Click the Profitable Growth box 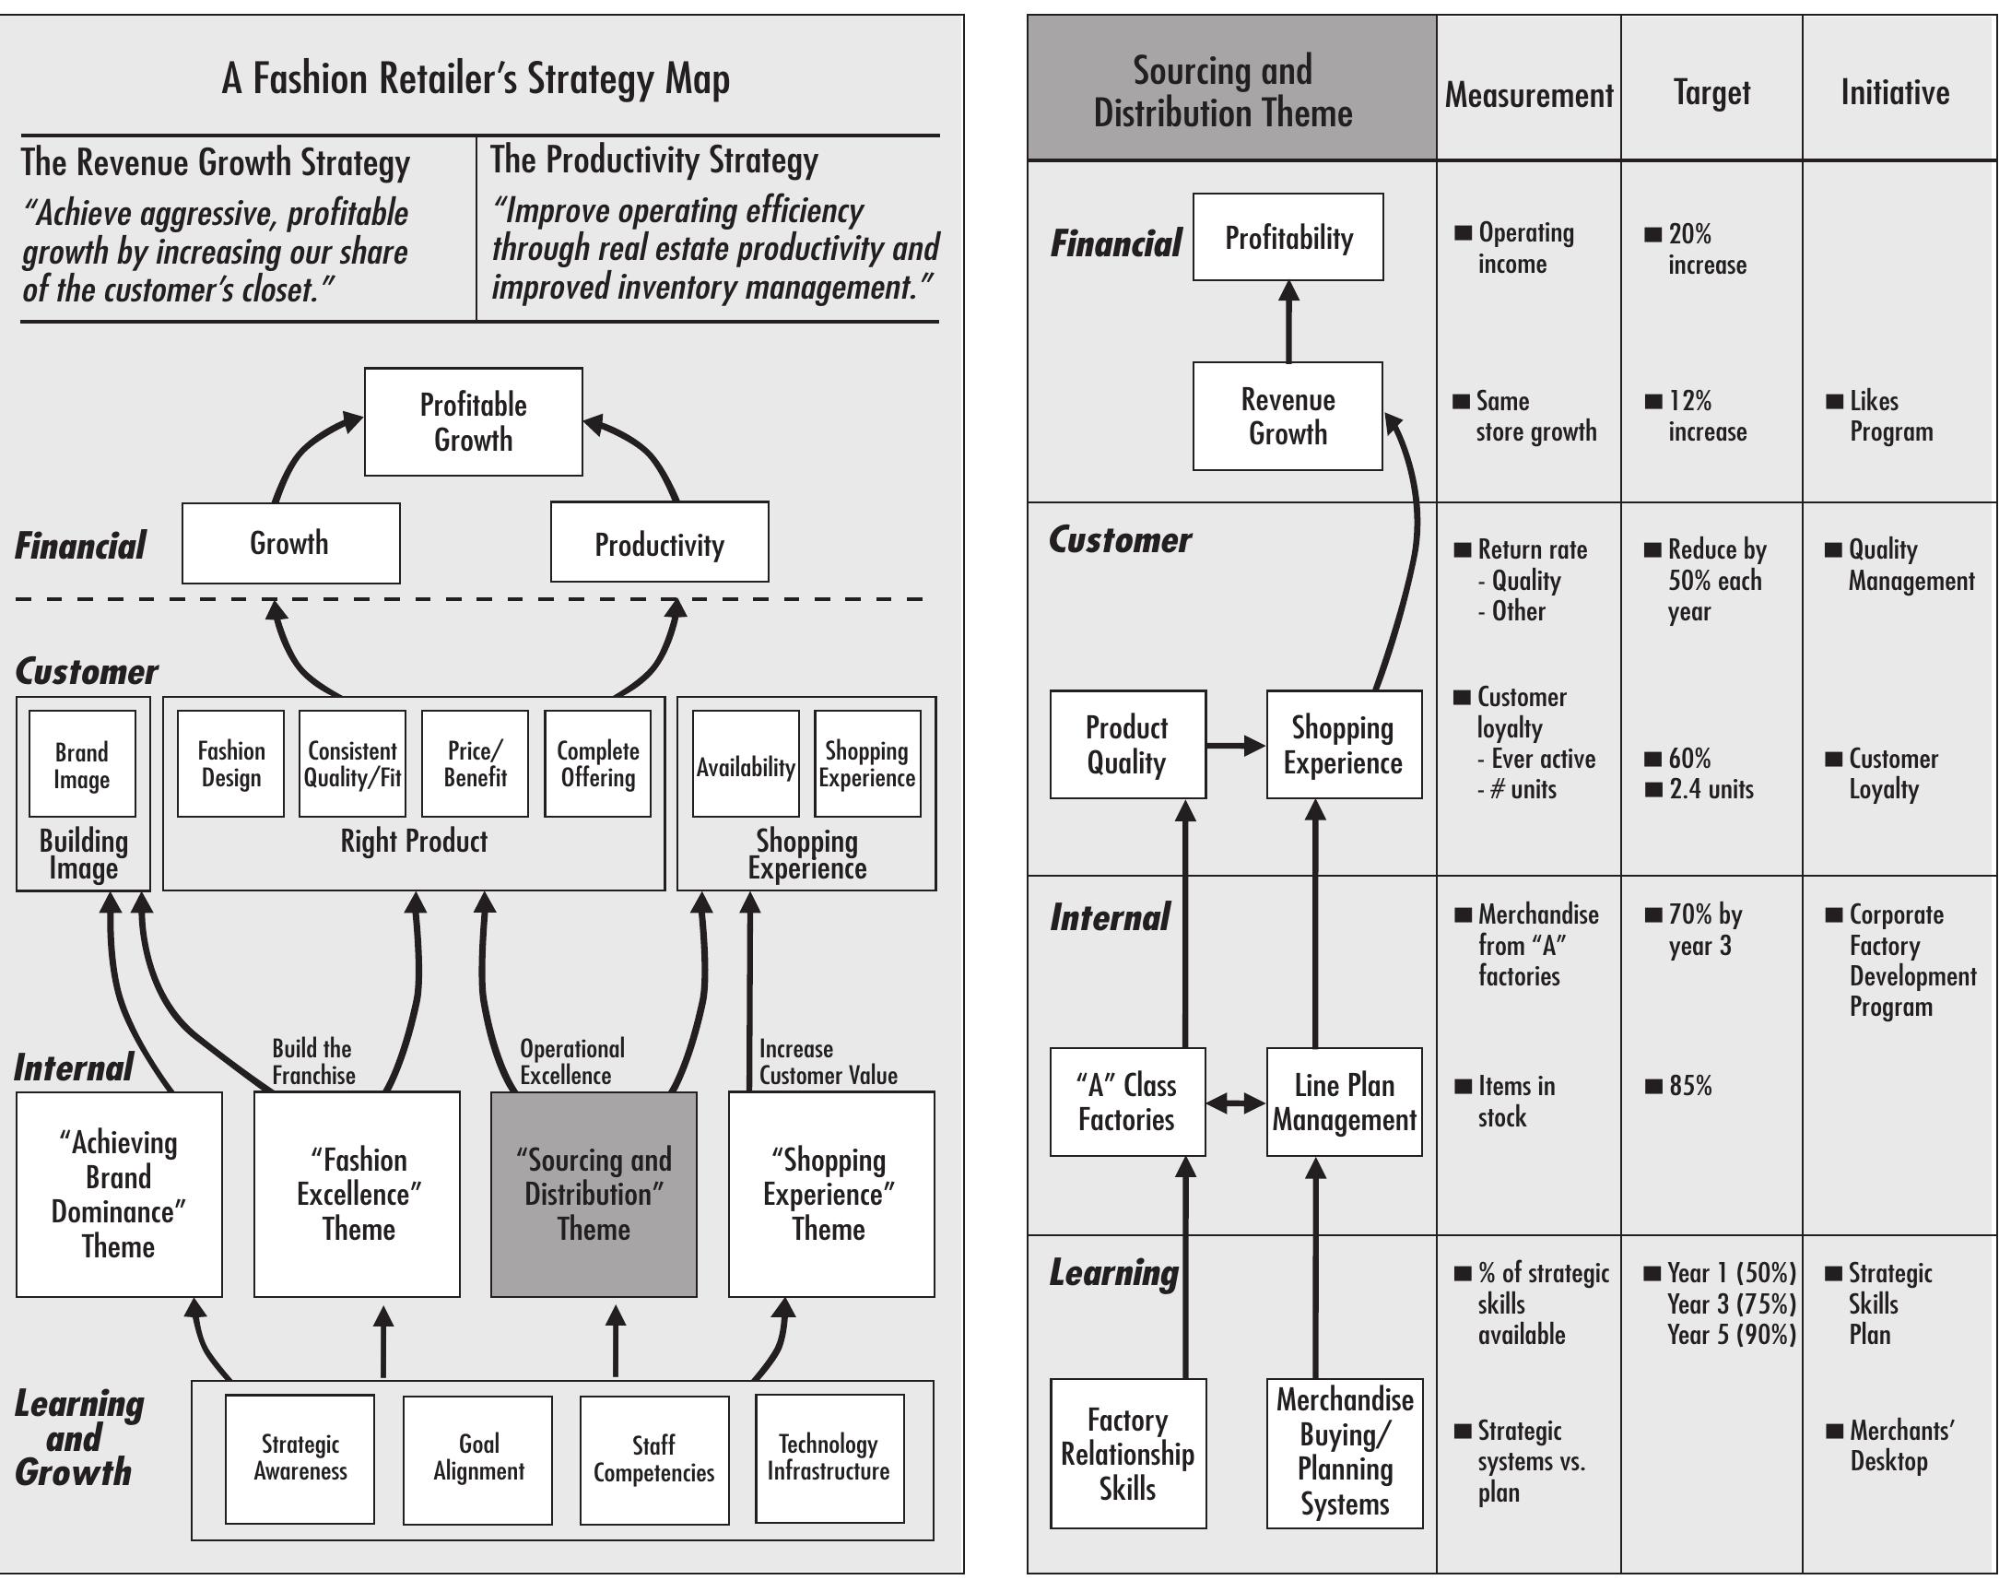point(473,422)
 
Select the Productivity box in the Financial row point(659,543)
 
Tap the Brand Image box point(81,764)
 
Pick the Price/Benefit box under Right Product point(475,764)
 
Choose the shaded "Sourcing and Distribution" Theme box point(593,1195)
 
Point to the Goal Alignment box point(477,1459)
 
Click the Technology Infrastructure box point(829,1459)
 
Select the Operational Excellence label point(570,1062)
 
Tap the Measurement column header point(1528,94)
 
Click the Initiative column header point(1895,92)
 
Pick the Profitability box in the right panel point(1288,238)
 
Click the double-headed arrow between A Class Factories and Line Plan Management point(1236,1102)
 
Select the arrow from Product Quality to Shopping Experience point(1236,746)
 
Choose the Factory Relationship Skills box point(1126,1455)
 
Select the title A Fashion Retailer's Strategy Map point(476,78)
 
